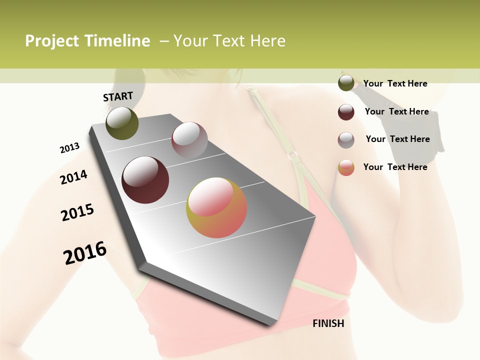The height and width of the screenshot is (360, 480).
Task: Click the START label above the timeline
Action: (x=118, y=96)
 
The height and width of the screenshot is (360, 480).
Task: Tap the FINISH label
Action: (x=328, y=323)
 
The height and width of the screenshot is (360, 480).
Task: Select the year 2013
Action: (x=69, y=148)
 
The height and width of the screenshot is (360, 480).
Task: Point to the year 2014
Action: (x=73, y=177)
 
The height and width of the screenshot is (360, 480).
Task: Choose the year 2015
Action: (x=77, y=212)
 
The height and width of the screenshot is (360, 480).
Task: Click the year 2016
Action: (x=85, y=253)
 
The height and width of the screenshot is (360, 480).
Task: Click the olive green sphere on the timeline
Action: (x=122, y=123)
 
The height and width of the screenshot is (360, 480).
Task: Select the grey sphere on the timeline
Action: (x=189, y=139)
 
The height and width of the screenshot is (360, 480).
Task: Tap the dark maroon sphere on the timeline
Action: (x=145, y=180)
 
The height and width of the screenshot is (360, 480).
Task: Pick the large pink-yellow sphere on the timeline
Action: (x=216, y=207)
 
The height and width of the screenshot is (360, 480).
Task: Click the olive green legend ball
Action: (x=346, y=83)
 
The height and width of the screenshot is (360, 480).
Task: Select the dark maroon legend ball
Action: (x=346, y=112)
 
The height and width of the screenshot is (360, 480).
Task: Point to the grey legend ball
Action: (x=346, y=140)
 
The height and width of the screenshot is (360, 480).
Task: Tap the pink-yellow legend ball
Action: (x=346, y=167)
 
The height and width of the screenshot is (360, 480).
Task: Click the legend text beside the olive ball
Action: (x=395, y=83)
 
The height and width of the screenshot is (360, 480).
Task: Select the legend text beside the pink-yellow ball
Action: (x=395, y=167)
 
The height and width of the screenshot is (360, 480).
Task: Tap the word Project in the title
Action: (x=52, y=41)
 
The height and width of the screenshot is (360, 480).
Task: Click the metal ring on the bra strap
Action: (x=293, y=155)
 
